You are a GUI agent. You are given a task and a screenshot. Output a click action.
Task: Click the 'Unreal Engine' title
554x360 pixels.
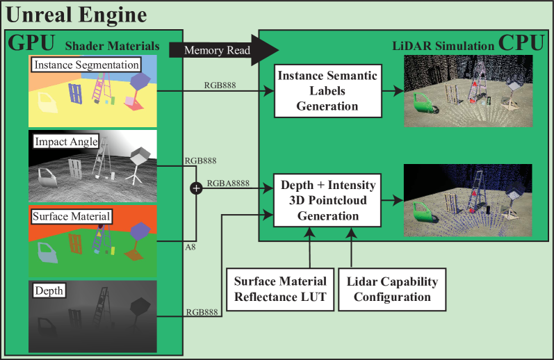[x=76, y=15]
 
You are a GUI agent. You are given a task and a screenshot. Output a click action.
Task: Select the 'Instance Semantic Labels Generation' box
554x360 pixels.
[x=327, y=90]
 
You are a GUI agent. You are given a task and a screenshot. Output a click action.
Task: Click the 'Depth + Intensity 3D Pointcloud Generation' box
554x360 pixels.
[x=327, y=199]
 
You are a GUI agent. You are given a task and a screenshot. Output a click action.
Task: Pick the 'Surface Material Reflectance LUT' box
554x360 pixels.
[x=280, y=288]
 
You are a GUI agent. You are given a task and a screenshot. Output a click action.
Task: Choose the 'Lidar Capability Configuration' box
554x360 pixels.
[x=392, y=288]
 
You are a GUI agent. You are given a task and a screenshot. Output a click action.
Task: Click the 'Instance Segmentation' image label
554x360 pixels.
[x=85, y=65]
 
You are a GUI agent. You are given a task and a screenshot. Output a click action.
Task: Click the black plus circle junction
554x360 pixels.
[x=197, y=188]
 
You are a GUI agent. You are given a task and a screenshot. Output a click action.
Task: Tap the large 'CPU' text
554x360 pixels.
[x=521, y=42]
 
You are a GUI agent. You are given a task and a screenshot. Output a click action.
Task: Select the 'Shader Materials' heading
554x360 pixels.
[x=113, y=47]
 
